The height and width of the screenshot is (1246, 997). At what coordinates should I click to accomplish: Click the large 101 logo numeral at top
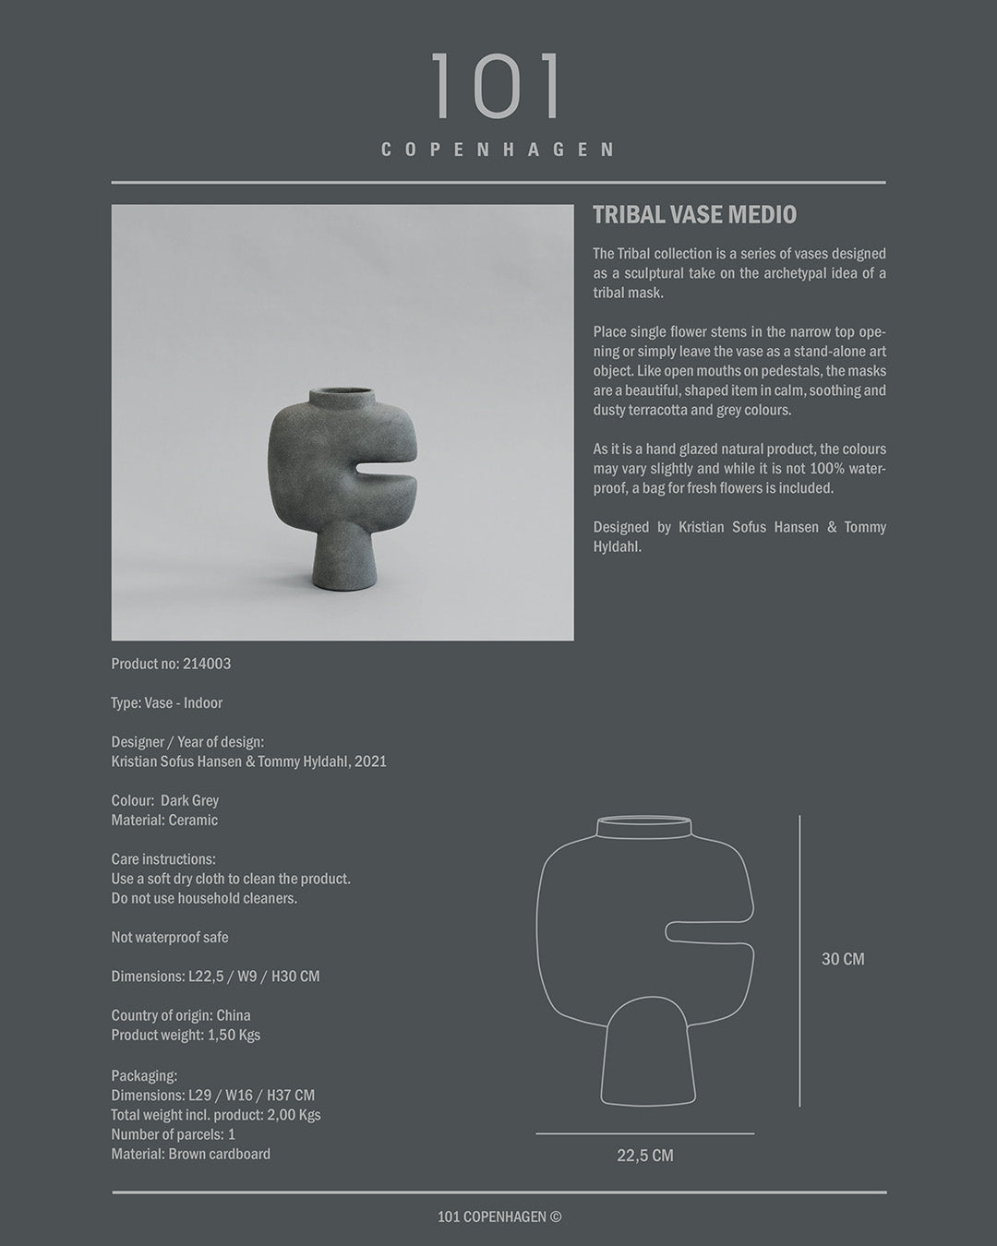pyautogui.click(x=497, y=87)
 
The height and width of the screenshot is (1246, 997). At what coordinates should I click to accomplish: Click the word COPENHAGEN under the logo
pyautogui.click(x=498, y=150)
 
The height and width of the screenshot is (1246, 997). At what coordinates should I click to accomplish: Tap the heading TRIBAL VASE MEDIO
pyautogui.click(x=694, y=215)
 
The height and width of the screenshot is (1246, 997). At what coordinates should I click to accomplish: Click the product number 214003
pyautogui.click(x=207, y=664)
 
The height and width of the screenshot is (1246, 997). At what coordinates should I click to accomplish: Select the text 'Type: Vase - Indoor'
pyautogui.click(x=167, y=703)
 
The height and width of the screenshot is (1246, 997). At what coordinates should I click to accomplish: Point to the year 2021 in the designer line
pyautogui.click(x=369, y=761)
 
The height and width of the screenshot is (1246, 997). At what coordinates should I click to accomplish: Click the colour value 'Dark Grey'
pyautogui.click(x=189, y=800)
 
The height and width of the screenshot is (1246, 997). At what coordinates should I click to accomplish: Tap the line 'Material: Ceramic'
pyautogui.click(x=164, y=820)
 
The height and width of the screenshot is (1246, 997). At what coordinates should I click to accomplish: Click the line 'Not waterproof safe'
pyautogui.click(x=170, y=937)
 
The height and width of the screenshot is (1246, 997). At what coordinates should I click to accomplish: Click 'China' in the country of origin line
pyautogui.click(x=234, y=1015)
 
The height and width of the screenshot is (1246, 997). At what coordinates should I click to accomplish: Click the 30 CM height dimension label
pyautogui.click(x=843, y=959)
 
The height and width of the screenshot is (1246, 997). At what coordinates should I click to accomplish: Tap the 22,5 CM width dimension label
pyautogui.click(x=644, y=1156)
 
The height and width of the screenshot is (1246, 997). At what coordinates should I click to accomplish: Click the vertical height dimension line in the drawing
pyautogui.click(x=799, y=960)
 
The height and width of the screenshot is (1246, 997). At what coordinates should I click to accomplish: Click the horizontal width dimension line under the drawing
pyautogui.click(x=644, y=1133)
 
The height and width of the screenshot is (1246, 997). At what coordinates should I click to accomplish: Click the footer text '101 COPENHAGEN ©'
pyautogui.click(x=499, y=1217)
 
